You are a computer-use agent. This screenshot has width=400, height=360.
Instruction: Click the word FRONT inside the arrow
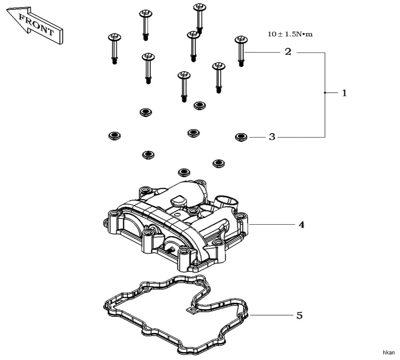pos(36,25)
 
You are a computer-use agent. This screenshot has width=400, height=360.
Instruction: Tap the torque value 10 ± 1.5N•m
pos(290,34)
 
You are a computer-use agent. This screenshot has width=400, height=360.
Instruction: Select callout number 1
pos(344,93)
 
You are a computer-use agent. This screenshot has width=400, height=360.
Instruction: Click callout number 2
pos(288,52)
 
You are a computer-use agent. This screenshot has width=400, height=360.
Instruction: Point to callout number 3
pos(272,137)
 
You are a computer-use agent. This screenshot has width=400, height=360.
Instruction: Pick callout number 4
pos(302,225)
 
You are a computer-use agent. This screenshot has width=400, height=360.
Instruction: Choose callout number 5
pos(299,316)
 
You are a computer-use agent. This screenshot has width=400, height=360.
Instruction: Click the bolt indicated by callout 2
pos(241,51)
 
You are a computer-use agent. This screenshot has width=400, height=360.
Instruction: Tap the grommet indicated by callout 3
pos(241,137)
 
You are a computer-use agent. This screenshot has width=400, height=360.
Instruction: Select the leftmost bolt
pos(114,48)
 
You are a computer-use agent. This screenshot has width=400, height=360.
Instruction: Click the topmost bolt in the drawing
pos(200,18)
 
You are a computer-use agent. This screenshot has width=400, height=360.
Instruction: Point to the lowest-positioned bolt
pos(184,87)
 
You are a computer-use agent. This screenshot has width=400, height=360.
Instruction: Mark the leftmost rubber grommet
pos(115,135)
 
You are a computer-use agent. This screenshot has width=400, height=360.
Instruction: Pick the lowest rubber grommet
pos(184,172)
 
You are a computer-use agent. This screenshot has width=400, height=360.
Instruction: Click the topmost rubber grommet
pos(200,105)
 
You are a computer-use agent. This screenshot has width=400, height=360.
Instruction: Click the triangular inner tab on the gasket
pos(192,310)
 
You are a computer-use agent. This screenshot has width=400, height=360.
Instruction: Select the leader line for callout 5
pos(271,315)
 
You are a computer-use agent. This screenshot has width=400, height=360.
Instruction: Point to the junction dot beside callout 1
pos(325,93)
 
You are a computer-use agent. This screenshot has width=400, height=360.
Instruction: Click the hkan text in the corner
pos(389,353)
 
